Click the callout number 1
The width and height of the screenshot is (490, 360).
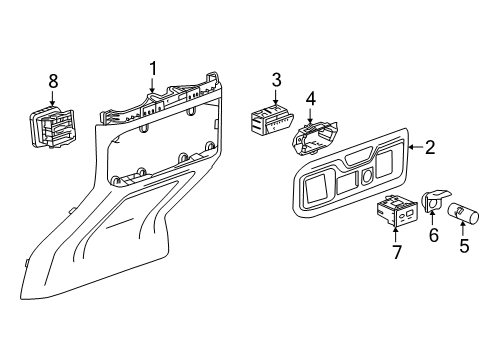point(153,68)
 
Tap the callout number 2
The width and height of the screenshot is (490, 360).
point(430,148)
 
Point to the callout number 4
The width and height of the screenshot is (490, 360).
point(311,99)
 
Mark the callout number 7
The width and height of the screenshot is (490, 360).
point(397,252)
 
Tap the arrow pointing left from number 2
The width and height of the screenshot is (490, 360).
point(413,148)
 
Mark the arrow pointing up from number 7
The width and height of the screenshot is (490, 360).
point(397,236)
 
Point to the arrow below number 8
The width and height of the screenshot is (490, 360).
point(54,98)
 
